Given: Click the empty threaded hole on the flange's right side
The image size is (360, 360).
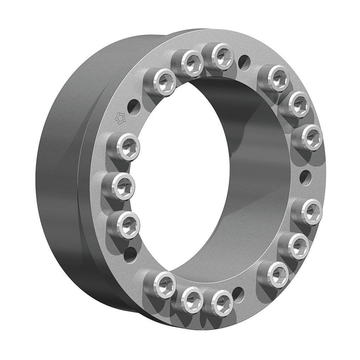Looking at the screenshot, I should click(x=305, y=177).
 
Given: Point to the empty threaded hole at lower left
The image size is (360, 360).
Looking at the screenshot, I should click(x=130, y=255).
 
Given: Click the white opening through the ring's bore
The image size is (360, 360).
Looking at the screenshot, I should click(x=181, y=177).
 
